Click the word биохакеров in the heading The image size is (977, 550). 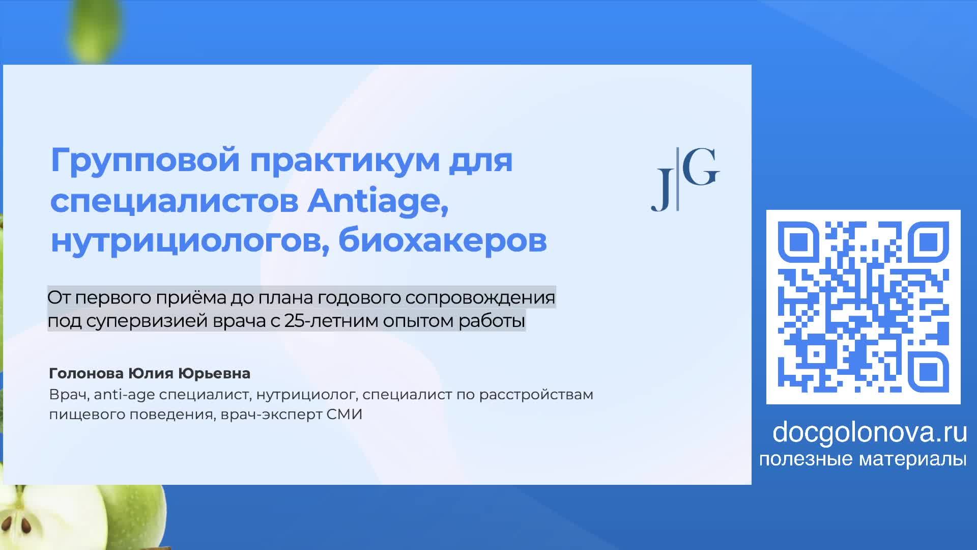[x=443, y=241]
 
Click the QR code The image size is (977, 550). [x=863, y=307]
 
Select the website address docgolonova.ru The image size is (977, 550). [x=869, y=432]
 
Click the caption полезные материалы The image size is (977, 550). [x=863, y=459]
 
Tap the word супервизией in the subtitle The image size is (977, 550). [x=148, y=321]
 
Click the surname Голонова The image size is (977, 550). [x=87, y=374]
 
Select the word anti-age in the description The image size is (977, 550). [x=125, y=395]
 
